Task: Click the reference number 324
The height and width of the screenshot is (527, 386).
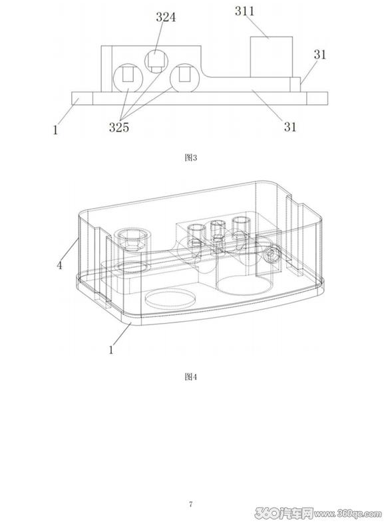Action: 166,17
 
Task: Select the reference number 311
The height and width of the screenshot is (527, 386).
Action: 245,11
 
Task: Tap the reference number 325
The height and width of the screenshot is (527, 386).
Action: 119,127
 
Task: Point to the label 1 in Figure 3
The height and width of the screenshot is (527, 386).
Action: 55,130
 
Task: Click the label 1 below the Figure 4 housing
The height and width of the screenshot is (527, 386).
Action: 111,350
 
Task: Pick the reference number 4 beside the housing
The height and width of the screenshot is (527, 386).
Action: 60,265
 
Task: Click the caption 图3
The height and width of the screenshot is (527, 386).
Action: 191,158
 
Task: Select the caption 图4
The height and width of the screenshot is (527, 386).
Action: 191,377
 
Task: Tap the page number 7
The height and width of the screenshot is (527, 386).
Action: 191,504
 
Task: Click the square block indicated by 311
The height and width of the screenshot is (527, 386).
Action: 272,56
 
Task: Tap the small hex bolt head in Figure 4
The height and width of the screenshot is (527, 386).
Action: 272,256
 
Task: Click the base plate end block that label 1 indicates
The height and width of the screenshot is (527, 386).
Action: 82,98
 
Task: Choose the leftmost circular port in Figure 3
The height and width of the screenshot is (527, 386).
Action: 128,78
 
